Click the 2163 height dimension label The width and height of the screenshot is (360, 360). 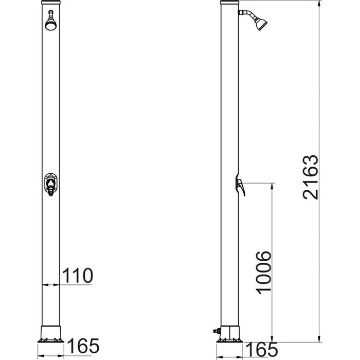(311, 177)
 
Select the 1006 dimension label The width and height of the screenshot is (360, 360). (263, 273)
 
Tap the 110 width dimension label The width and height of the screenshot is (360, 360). (78, 276)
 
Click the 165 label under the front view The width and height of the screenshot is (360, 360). (83, 346)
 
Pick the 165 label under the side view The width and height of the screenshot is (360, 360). (261, 350)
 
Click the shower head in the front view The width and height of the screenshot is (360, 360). (51, 24)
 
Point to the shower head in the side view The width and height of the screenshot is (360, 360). (261, 24)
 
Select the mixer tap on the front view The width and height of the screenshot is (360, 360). (51, 184)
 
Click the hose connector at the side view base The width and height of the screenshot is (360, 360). (217, 331)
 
